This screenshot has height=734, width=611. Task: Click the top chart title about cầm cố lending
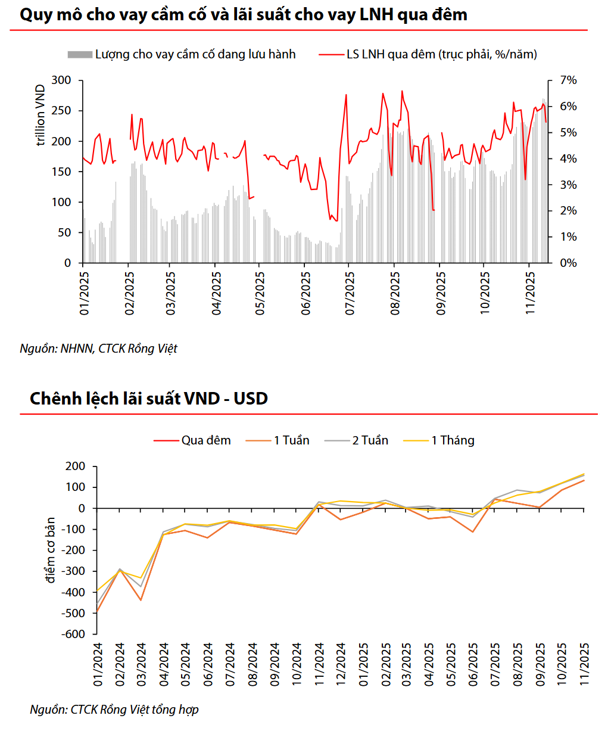click(243, 14)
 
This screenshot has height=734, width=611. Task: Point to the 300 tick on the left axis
click(61, 80)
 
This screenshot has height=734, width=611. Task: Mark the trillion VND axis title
click(40, 115)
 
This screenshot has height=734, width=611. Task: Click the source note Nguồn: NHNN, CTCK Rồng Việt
click(98, 349)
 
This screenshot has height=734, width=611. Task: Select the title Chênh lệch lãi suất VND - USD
click(149, 398)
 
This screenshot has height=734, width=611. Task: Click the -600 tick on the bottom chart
click(73, 634)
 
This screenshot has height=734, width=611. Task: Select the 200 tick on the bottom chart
click(76, 466)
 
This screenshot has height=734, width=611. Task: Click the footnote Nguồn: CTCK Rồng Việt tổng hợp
click(114, 710)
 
